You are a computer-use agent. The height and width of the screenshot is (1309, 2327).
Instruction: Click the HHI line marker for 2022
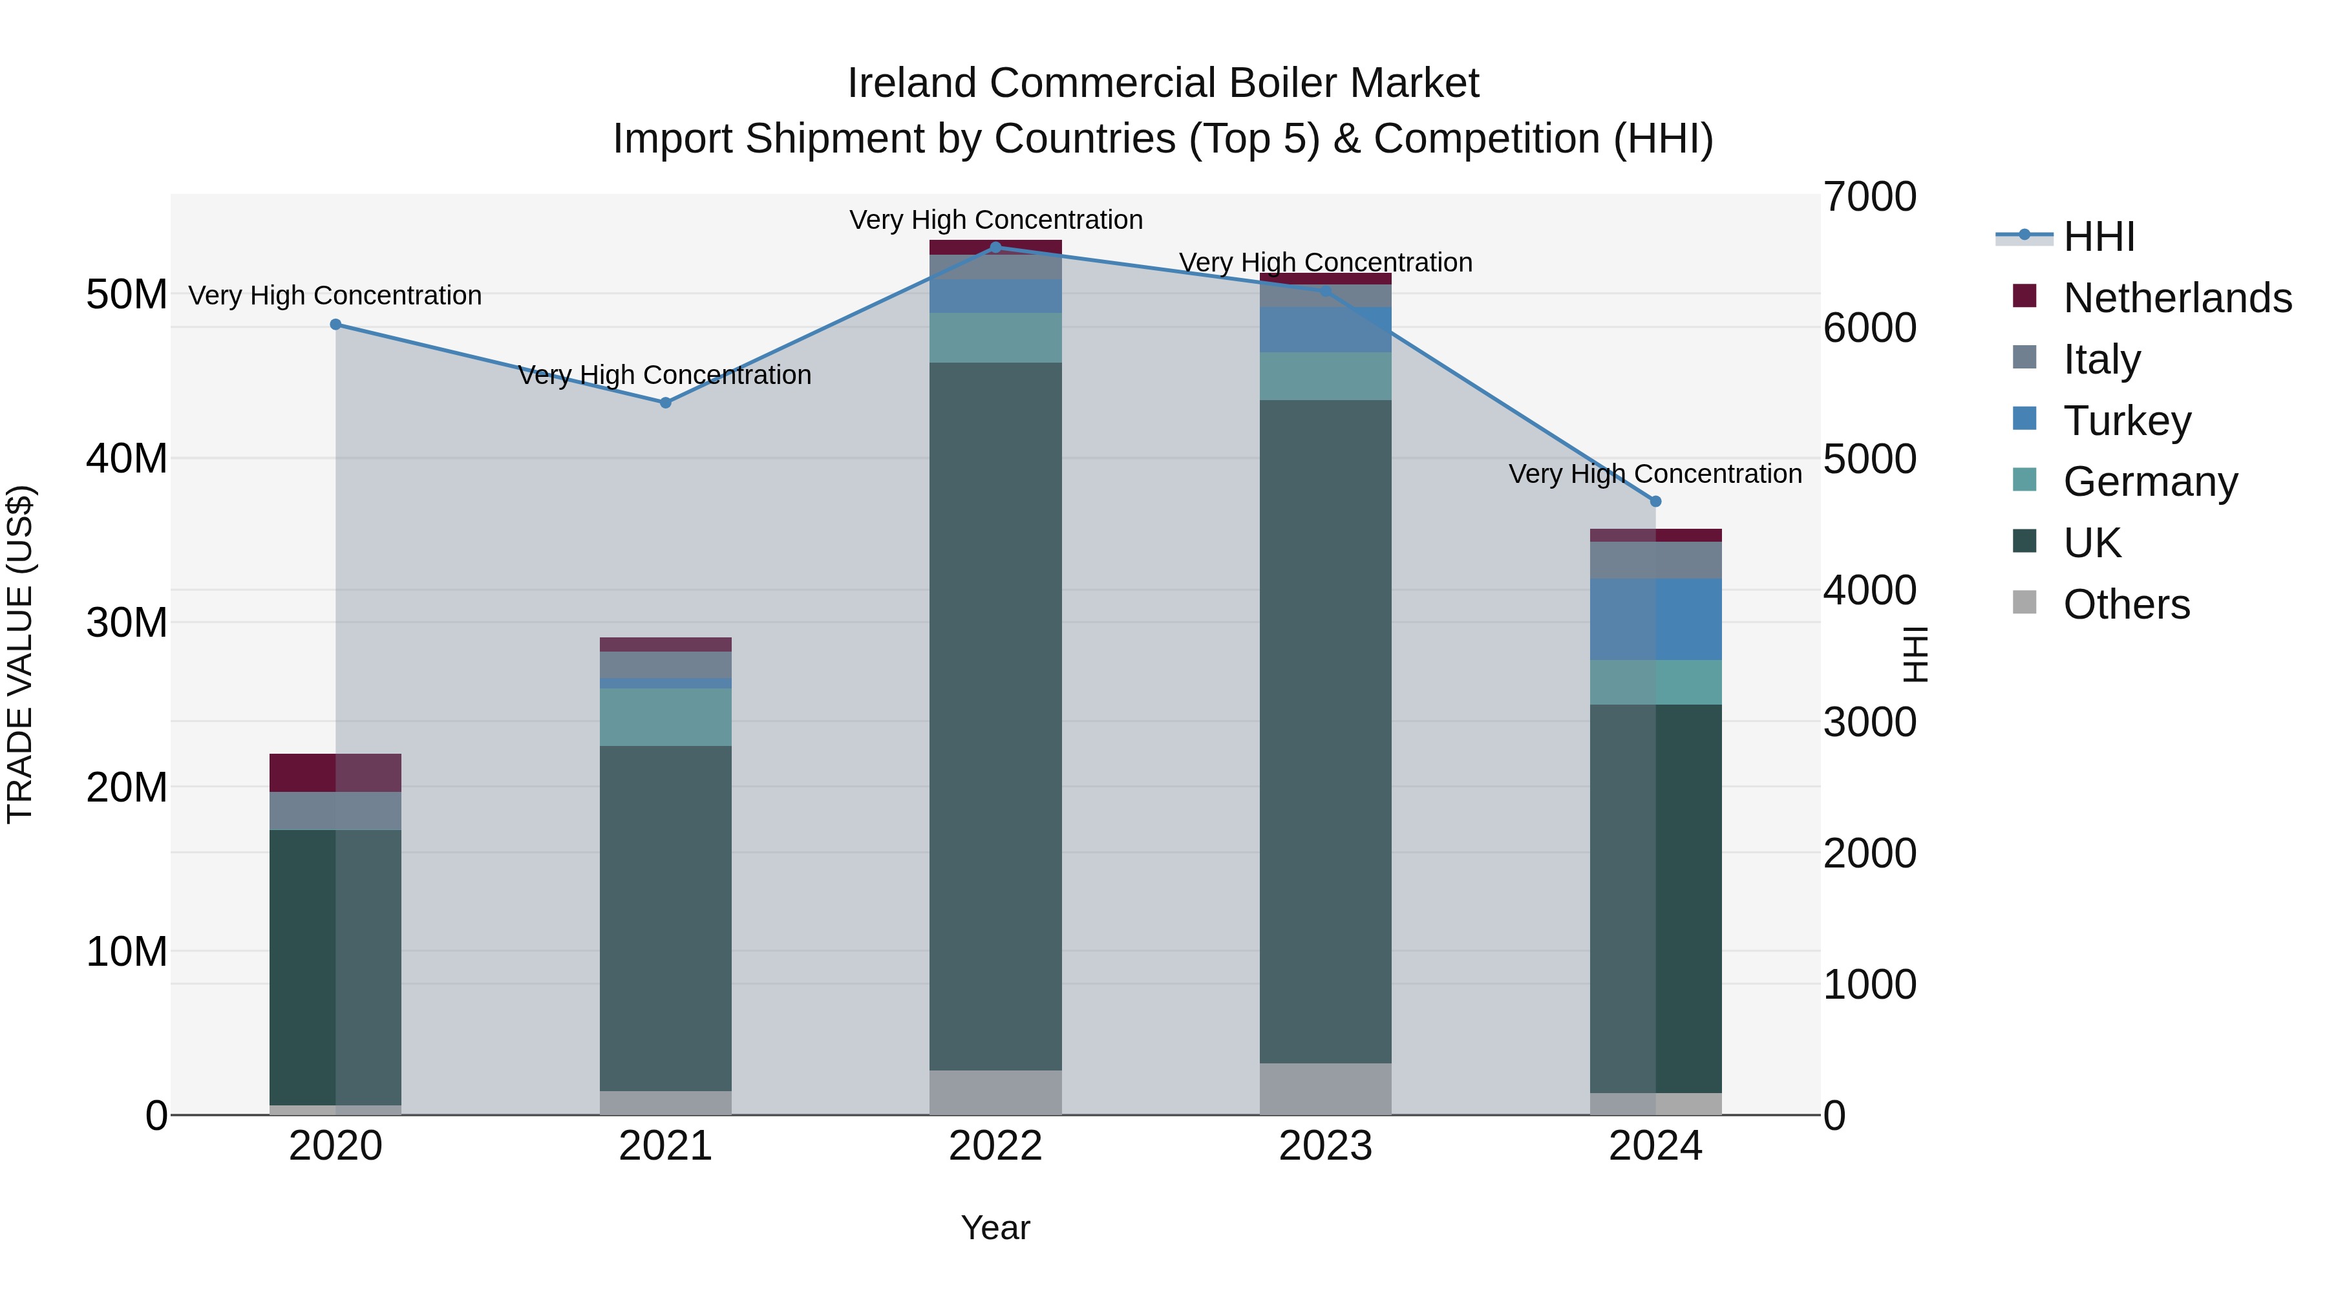click(x=995, y=247)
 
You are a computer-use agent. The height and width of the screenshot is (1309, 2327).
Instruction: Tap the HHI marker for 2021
click(x=666, y=403)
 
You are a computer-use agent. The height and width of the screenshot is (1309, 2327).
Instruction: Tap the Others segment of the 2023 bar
click(x=1325, y=1089)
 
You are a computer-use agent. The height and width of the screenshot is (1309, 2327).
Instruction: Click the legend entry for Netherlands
click(x=2177, y=298)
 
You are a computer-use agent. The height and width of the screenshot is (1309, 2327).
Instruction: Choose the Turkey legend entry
click(x=2127, y=421)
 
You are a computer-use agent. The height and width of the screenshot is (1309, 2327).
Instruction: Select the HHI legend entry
click(x=2098, y=237)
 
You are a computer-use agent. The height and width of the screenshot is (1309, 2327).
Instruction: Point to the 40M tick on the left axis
click(x=127, y=459)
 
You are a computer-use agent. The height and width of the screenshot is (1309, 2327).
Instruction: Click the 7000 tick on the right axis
click(x=1869, y=197)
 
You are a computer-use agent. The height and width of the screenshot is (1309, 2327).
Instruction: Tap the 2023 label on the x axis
click(x=1325, y=1146)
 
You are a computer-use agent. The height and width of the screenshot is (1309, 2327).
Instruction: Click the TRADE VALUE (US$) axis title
click(x=20, y=654)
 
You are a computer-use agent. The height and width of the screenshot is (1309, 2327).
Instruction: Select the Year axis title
click(x=995, y=1228)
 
